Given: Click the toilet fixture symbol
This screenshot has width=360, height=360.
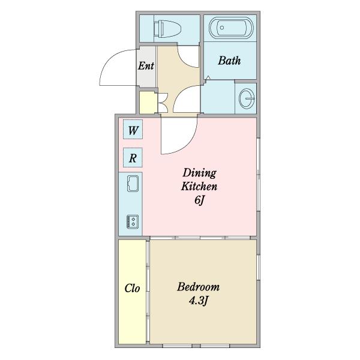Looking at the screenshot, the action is click(167, 29).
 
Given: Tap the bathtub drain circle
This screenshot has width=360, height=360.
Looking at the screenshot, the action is click(222, 28).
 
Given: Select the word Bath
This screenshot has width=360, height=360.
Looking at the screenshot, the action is click(229, 61).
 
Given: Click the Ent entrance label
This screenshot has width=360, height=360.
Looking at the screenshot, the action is click(146, 66).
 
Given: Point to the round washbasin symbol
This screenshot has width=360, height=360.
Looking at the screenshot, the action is click(247, 98).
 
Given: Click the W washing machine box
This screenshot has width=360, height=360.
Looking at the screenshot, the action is click(133, 129).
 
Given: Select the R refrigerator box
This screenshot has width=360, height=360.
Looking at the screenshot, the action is click(133, 157).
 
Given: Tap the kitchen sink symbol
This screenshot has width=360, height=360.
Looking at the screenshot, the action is click(133, 184).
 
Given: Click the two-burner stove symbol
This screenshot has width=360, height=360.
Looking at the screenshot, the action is click(133, 221).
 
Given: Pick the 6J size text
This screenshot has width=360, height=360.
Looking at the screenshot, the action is click(199, 200).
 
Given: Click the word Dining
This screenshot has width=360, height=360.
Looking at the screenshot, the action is click(199, 173).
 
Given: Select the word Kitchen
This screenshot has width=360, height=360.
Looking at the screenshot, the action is click(199, 186).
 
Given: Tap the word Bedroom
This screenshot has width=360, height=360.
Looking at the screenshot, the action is click(199, 287).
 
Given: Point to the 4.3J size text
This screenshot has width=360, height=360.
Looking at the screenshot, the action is click(199, 301).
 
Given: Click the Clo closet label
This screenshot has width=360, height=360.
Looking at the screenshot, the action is click(132, 289).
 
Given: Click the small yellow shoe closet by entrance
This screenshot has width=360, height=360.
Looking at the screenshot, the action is click(147, 103).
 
